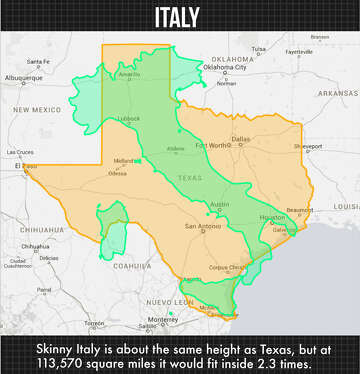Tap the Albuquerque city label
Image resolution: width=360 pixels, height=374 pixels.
(x=23, y=77)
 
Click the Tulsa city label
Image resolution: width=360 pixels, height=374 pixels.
(x=259, y=48)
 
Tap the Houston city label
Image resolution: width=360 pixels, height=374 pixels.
(x=272, y=216)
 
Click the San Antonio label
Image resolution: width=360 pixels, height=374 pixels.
(x=202, y=226)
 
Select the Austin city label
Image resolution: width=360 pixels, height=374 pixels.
(x=221, y=204)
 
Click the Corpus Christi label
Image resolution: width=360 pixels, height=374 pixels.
(x=229, y=268)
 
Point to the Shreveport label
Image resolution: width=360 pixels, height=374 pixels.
(x=308, y=146)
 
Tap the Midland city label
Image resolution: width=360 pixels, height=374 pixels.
(x=124, y=161)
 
